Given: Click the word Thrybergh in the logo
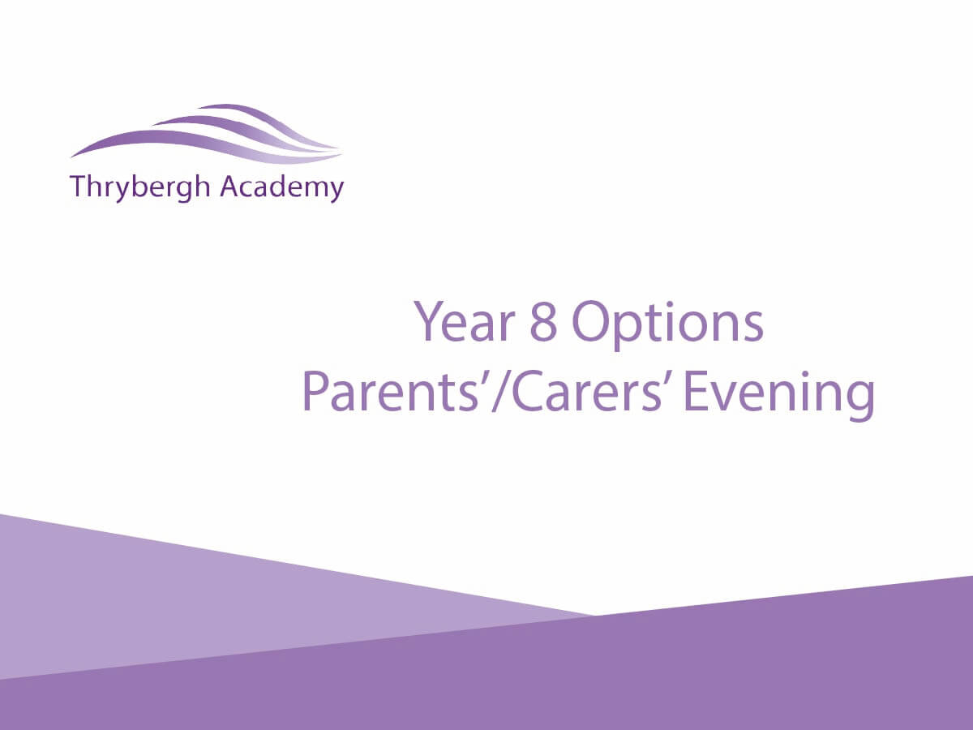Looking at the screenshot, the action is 140,188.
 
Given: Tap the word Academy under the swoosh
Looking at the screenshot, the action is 282,188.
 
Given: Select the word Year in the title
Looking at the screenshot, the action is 465,322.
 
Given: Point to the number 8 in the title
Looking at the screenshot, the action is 543,322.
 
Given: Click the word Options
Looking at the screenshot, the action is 667,326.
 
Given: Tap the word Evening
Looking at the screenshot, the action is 780,397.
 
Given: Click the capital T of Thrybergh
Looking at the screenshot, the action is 79,187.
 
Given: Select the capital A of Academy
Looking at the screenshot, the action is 230,187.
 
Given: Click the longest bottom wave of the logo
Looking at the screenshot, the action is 206,145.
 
